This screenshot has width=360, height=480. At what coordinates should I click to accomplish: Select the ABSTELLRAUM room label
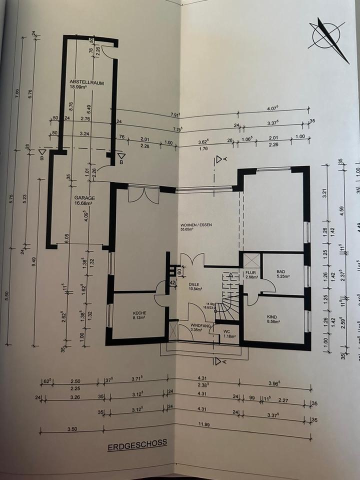(86, 83)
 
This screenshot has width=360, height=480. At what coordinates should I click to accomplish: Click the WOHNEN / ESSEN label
(196, 225)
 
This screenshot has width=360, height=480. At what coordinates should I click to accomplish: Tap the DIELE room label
(194, 284)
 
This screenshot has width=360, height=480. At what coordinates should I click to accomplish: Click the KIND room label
(272, 317)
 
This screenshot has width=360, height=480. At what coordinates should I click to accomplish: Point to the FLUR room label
(250, 272)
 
